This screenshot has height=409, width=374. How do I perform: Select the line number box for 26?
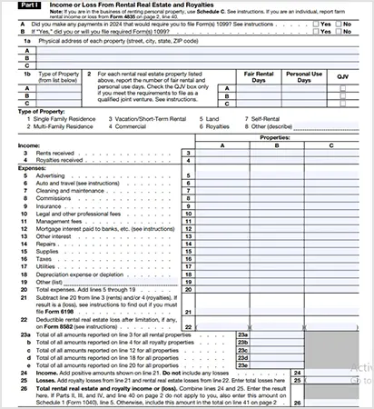(x=300, y=389)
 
